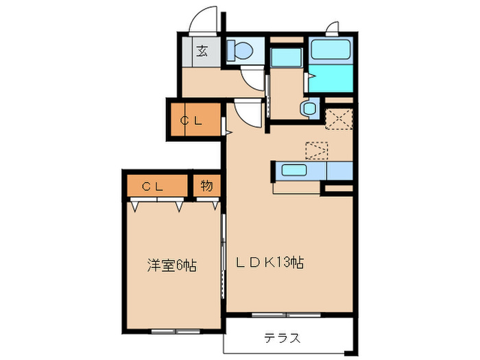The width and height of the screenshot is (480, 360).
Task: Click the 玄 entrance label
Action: [x=203, y=51]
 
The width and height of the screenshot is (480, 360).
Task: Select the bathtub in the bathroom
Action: [x=331, y=49]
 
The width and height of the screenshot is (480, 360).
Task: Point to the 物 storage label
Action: [x=206, y=186]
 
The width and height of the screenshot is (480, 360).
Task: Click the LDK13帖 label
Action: [x=270, y=262]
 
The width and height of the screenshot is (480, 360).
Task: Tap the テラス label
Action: [x=282, y=337]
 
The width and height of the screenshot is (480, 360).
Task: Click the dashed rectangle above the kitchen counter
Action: [x=317, y=149]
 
